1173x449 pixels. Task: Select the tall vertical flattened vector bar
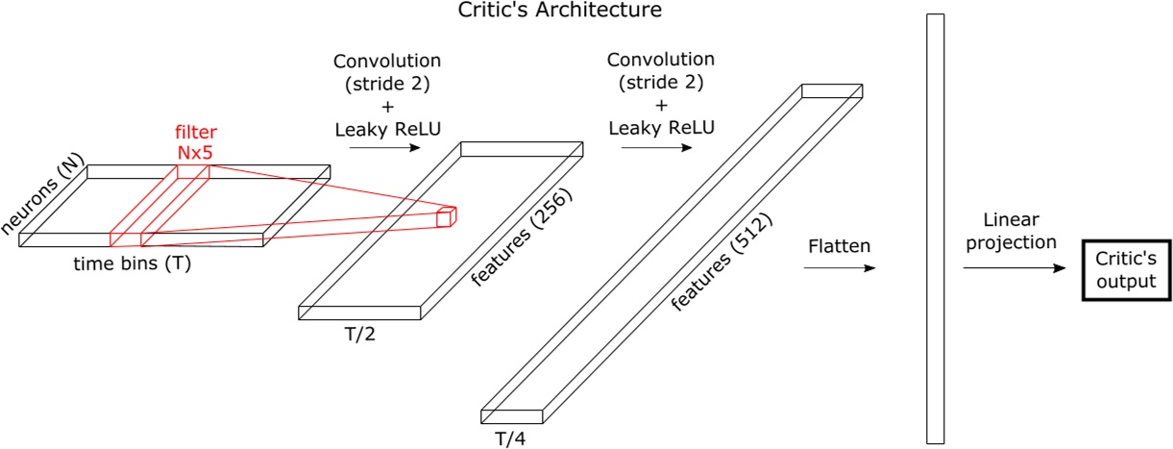click(x=936, y=228)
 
